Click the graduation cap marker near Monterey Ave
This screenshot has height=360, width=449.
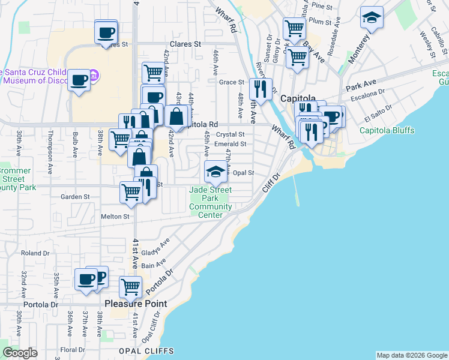(372, 17)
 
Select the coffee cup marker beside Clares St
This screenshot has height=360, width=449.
(106, 32)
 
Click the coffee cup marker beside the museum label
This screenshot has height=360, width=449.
(79, 79)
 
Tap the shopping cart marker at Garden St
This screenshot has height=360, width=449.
(131, 192)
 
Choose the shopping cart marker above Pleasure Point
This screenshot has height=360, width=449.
(130, 286)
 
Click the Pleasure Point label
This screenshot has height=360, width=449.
(136, 304)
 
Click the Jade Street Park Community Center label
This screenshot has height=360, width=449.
(211, 203)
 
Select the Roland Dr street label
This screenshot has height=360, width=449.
(30, 253)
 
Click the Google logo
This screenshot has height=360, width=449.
(20, 353)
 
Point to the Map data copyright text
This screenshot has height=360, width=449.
(411, 355)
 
